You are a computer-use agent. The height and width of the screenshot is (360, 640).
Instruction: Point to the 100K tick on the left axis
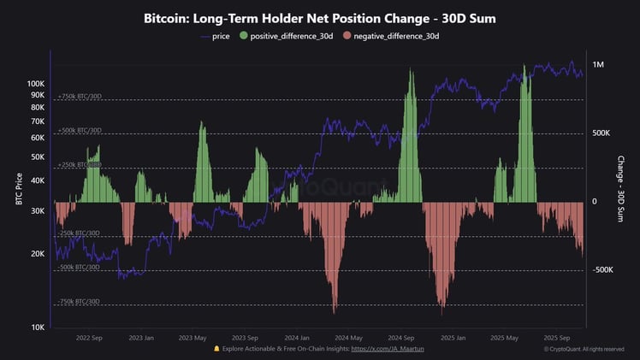(35, 84)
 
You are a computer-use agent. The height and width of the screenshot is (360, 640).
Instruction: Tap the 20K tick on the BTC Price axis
(38, 254)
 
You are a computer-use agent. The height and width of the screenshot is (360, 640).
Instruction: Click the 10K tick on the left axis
(38, 328)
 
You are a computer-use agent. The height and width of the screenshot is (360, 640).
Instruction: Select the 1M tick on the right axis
(598, 65)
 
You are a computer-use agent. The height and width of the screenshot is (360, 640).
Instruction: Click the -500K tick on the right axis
(602, 270)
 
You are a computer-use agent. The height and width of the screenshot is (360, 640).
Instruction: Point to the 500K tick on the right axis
(601, 133)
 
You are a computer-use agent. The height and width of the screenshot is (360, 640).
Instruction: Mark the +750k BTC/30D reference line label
(79, 97)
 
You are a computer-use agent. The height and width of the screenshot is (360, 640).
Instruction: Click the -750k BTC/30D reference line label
(79, 302)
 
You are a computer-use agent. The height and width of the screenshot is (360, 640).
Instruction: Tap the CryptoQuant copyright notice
(590, 349)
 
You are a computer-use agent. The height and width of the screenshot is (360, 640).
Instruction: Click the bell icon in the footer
(216, 349)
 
